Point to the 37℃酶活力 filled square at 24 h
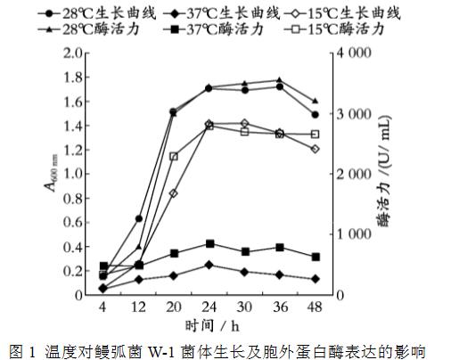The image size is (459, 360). tap(209, 243)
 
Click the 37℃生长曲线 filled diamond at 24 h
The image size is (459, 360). tap(209, 265)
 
